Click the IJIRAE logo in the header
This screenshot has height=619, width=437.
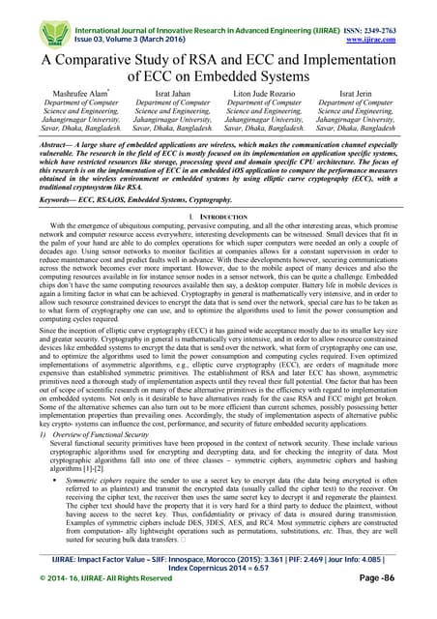tap(27, 22)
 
